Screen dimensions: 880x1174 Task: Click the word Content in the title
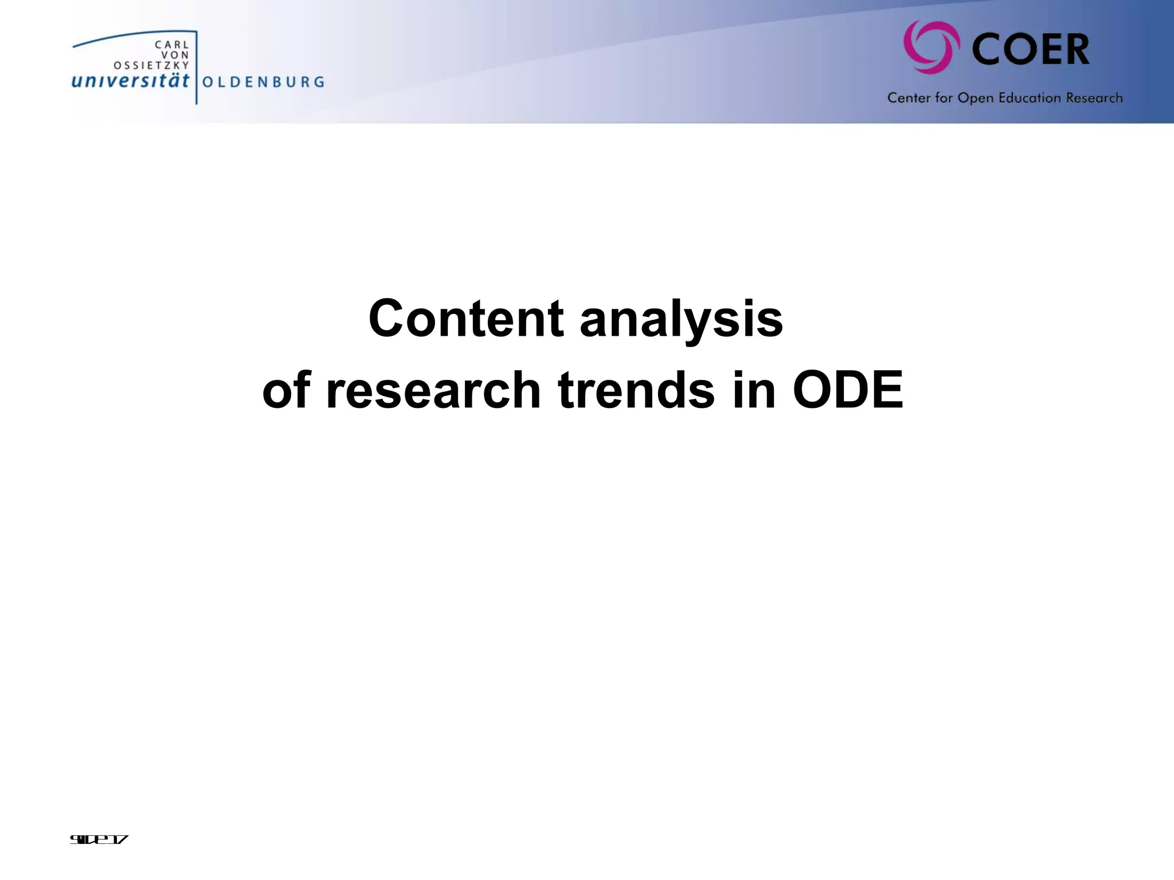tap(465, 319)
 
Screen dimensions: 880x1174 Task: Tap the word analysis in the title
tap(681, 320)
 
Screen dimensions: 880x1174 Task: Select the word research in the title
tap(433, 391)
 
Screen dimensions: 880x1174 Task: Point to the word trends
tap(636, 391)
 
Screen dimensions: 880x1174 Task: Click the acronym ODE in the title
tap(848, 391)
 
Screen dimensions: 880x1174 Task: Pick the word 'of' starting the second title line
tap(286, 391)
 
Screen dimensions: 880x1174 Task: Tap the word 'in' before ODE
tap(754, 391)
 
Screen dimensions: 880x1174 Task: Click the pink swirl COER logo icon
tap(931, 48)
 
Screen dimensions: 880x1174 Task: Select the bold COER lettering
tap(1031, 50)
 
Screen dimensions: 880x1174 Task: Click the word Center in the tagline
tap(909, 98)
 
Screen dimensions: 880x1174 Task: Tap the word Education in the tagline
tap(1030, 98)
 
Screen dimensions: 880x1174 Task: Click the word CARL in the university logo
tap(172, 45)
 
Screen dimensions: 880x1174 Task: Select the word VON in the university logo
tap(175, 55)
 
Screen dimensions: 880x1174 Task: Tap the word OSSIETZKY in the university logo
tap(151, 65)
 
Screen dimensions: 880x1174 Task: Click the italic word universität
tap(130, 81)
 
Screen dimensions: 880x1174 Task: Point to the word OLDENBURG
tap(263, 82)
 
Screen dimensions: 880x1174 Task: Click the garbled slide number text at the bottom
tap(99, 840)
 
